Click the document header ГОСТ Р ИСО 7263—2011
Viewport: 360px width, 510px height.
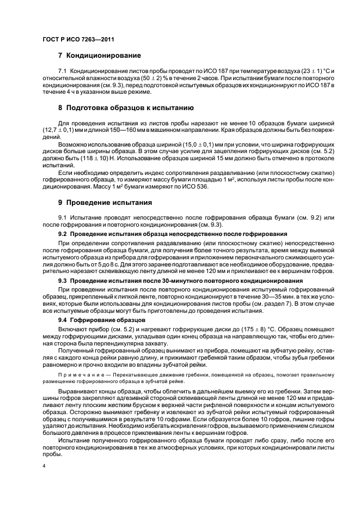click(78, 39)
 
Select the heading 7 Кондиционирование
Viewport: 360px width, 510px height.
click(99, 56)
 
